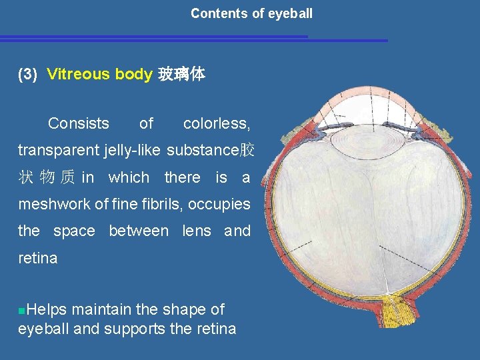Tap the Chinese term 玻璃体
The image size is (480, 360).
(181, 74)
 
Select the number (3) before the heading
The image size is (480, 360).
(28, 74)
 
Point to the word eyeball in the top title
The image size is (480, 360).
(289, 13)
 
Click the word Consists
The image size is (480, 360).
(79, 123)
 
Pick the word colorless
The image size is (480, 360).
(217, 123)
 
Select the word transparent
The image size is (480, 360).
(59, 150)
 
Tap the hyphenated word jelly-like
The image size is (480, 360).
(132, 150)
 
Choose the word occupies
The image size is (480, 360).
(224, 204)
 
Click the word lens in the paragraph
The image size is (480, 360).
(197, 231)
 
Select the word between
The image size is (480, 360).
(139, 231)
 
